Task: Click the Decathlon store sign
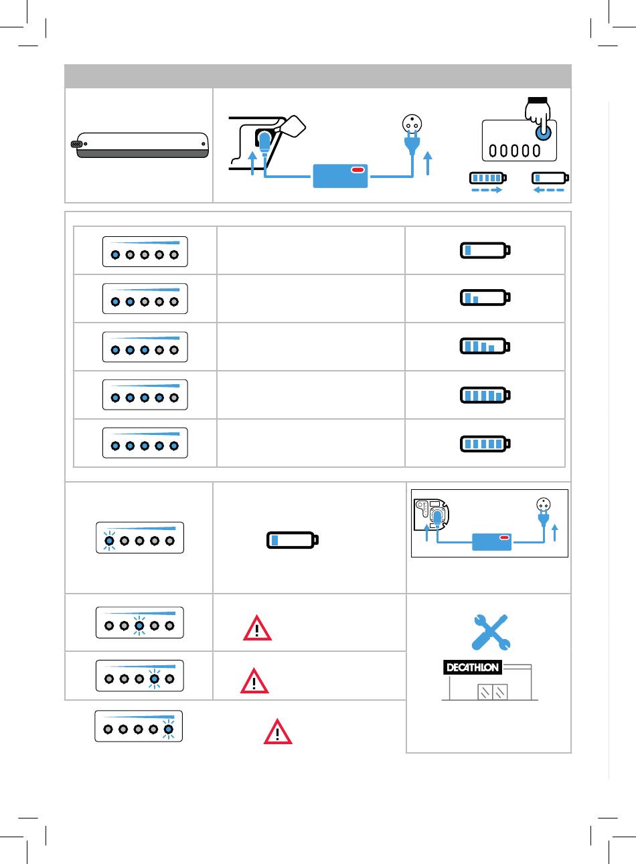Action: coord(473,667)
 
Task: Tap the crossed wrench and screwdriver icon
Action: coord(491,632)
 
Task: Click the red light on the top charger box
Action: coord(357,170)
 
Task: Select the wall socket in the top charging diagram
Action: coord(412,124)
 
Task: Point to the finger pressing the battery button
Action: coord(539,116)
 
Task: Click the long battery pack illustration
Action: coord(140,145)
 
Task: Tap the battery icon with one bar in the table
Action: coord(485,250)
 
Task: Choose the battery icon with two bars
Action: coord(485,297)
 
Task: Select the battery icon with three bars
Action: coord(485,346)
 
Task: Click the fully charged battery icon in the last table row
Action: coord(485,444)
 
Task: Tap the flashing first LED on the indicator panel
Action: coord(110,541)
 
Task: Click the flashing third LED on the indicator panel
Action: coord(139,626)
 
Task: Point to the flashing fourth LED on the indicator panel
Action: coord(155,679)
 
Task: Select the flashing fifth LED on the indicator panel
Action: coord(168,729)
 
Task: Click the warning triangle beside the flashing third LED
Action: coord(257,628)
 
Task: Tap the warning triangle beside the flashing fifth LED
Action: coord(278,731)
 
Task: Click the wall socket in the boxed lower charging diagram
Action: coord(544,504)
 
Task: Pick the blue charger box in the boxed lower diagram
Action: coord(492,541)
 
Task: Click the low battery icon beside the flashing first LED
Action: coord(293,540)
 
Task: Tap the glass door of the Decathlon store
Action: coord(493,692)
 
